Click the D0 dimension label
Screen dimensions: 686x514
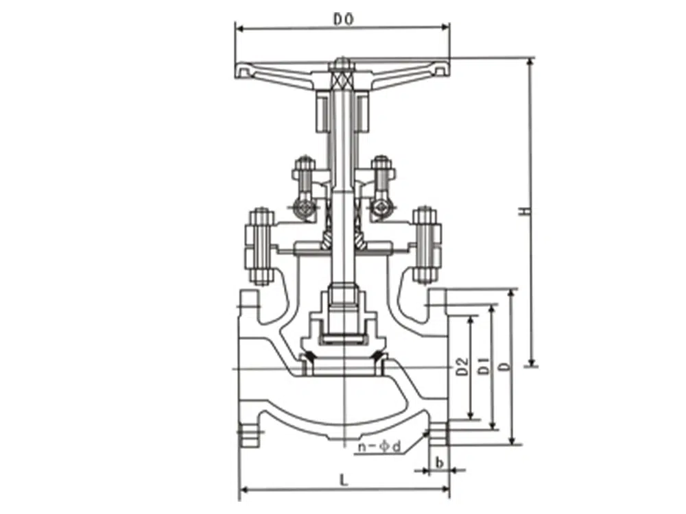pyautogui.click(x=344, y=19)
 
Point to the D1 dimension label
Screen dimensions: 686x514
pyautogui.click(x=483, y=365)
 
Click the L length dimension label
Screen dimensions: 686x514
pyautogui.click(x=344, y=480)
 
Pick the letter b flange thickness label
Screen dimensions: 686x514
pyautogui.click(x=440, y=462)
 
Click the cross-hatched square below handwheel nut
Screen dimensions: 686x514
pyautogui.click(x=342, y=80)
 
